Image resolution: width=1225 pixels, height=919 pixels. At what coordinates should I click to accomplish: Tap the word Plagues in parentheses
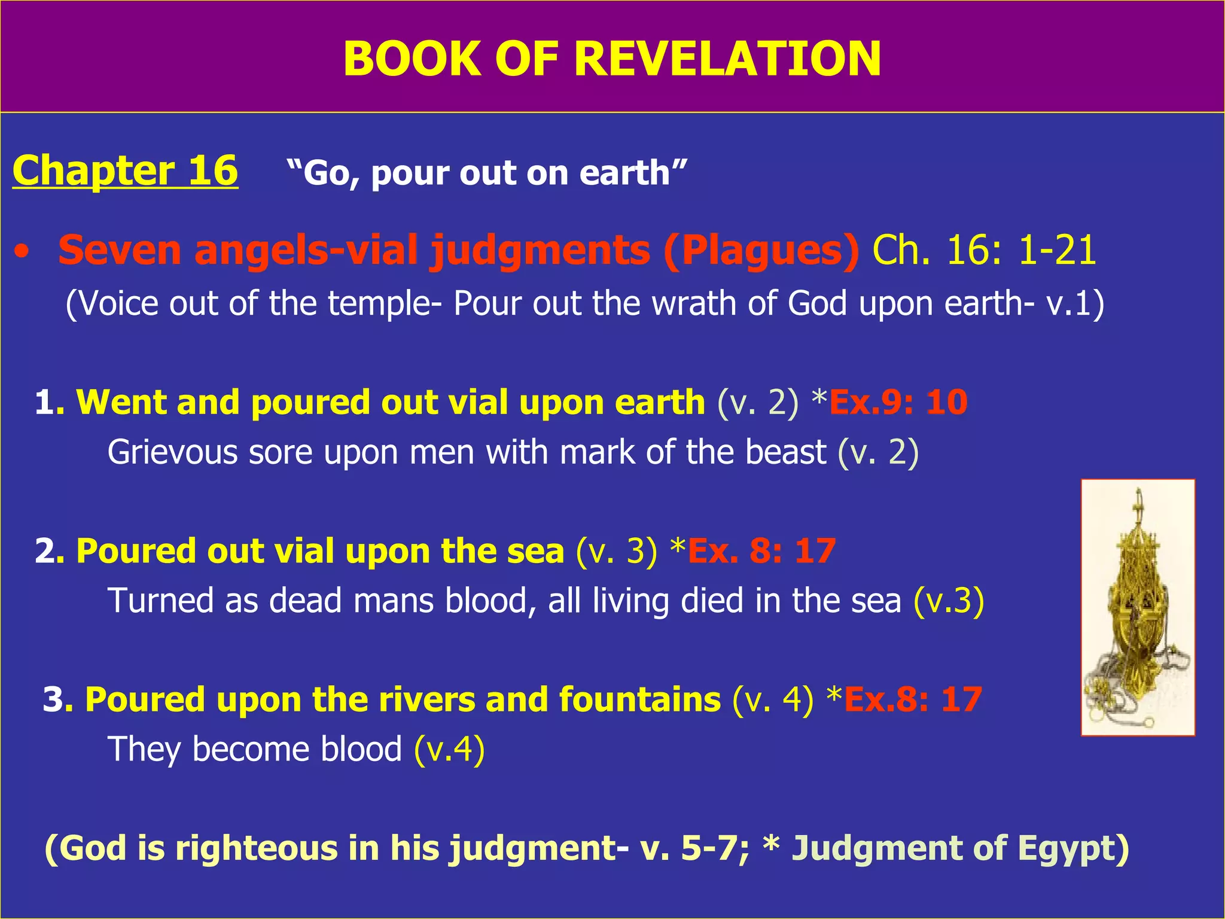[761, 250]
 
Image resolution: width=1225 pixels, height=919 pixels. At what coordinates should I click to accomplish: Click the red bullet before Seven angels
[22, 252]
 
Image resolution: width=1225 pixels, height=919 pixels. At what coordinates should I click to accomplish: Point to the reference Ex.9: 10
[898, 402]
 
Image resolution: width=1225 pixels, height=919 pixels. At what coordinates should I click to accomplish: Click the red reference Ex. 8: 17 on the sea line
[761, 550]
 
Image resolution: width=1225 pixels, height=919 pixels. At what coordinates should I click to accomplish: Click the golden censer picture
[1138, 607]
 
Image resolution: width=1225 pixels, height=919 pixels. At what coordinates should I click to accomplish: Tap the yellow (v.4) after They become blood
[449, 749]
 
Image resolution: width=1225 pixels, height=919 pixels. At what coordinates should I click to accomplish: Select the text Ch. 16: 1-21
[984, 250]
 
